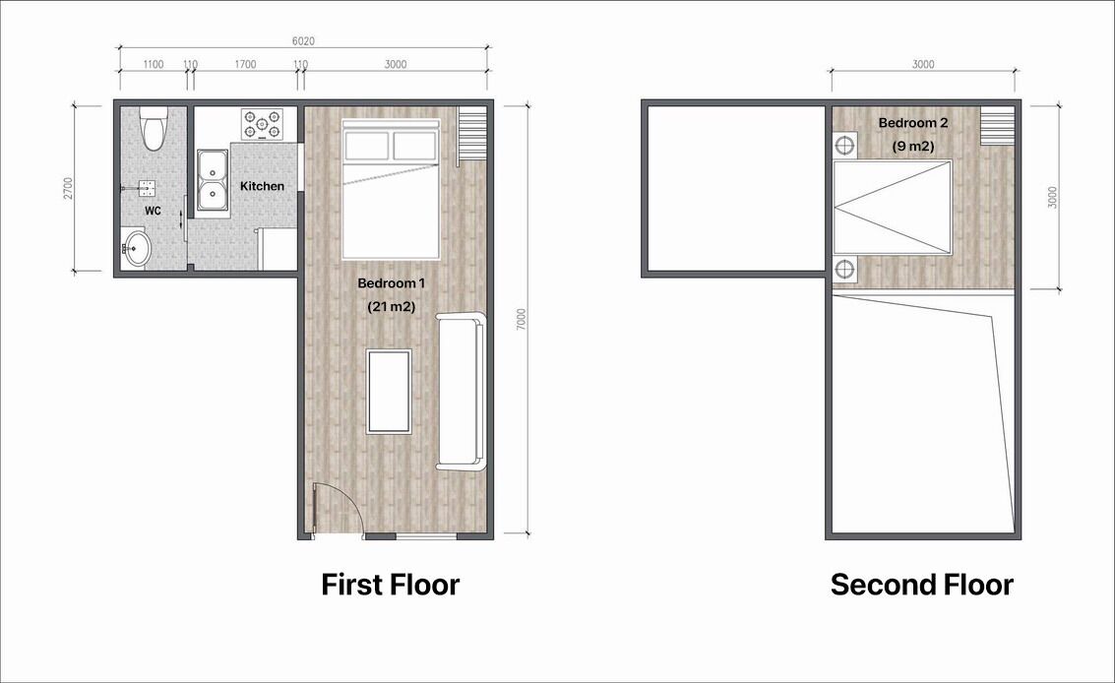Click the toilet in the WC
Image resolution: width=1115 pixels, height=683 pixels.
pos(153,128)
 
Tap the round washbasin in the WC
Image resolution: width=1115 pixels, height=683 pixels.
pos(136,248)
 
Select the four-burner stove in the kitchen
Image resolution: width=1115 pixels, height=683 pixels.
pos(262,124)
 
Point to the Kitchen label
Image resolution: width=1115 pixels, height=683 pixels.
pos(262,186)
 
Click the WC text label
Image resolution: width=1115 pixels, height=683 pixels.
pos(153,211)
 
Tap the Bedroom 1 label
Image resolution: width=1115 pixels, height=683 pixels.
pos(391,283)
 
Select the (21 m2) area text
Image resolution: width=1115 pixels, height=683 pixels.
pos(391,307)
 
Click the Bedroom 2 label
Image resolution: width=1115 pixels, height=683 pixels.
pos(913,123)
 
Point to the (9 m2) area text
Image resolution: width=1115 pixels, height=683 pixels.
pos(913,147)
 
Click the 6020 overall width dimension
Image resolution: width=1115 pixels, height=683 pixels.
pos(303,41)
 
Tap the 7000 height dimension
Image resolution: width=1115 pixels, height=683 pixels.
pos(522,319)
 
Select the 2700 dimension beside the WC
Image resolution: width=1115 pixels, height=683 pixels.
pos(68,188)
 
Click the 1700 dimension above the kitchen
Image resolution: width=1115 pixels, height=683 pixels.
pos(245,65)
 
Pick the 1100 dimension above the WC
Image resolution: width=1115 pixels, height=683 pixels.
pos(154,65)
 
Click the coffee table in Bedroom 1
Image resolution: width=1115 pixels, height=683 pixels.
pos(389,392)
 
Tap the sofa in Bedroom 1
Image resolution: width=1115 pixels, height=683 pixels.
pos(461,391)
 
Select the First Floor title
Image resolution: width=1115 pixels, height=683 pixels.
pos(391,585)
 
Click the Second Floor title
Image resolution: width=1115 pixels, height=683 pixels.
pos(921,585)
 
